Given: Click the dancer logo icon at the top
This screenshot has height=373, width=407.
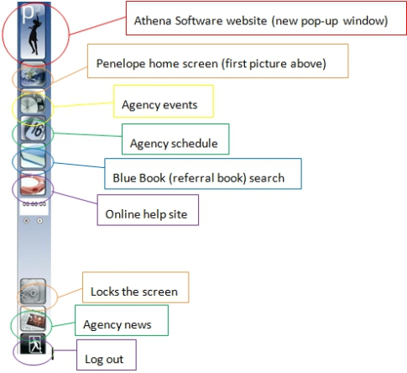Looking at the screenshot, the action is [34, 31].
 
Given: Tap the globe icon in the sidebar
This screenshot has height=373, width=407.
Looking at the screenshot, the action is [33, 74].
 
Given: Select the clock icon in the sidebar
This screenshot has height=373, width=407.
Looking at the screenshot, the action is [33, 102].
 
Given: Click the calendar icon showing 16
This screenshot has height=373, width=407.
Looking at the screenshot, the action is [33, 129].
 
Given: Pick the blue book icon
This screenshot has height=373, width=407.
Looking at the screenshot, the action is [33, 156].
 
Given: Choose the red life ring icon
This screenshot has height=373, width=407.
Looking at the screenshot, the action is [33, 183].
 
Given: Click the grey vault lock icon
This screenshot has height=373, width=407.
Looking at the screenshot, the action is [33, 292].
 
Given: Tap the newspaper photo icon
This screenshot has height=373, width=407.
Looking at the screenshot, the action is [33, 319].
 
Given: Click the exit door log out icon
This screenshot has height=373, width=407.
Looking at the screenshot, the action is [33, 344].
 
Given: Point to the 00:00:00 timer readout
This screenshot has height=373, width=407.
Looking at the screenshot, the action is [34, 204].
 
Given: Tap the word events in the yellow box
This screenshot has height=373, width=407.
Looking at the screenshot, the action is [180, 105].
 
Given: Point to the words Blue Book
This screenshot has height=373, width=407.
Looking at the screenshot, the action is [139, 178].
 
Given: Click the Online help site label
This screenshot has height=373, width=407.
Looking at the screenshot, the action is [146, 214].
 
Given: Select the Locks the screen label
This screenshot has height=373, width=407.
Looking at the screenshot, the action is [134, 292].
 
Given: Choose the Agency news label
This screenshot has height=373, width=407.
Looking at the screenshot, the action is [117, 325].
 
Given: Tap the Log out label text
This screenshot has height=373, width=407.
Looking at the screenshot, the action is [104, 360].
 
